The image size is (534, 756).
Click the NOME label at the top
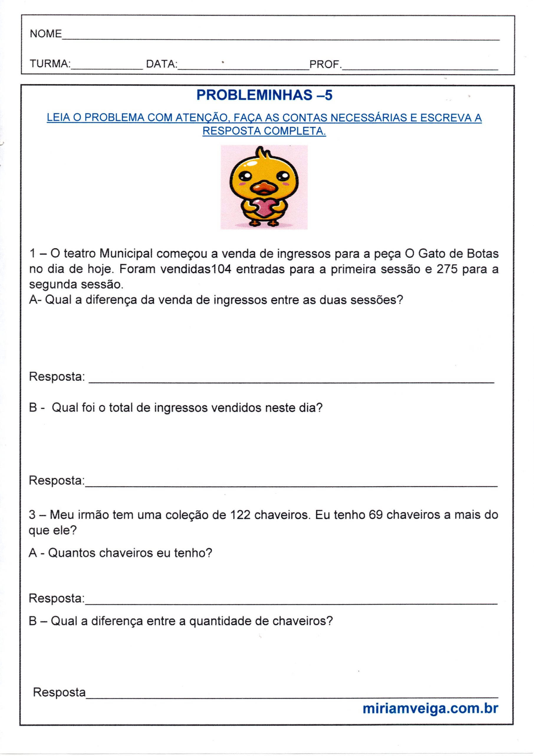[46, 34]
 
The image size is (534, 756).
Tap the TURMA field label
[50, 63]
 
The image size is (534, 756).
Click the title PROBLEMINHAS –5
[264, 95]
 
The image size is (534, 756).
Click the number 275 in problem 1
[447, 269]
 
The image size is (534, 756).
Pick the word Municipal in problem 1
[126, 254]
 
